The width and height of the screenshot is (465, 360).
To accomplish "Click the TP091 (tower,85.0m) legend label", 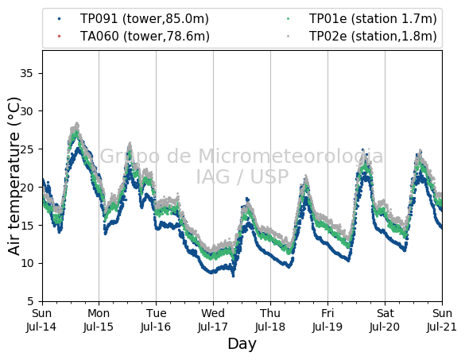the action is pyautogui.click(x=145, y=19).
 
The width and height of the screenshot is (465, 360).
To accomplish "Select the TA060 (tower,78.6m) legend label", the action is pyautogui.click(x=145, y=37).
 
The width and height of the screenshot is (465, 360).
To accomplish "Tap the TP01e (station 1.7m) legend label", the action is pyautogui.click(x=373, y=19).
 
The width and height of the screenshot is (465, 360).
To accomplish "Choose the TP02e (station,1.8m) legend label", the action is pyautogui.click(x=373, y=37).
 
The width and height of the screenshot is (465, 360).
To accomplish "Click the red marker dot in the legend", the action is pyautogui.click(x=60, y=37).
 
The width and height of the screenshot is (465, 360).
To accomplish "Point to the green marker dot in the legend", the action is pyautogui.click(x=289, y=19).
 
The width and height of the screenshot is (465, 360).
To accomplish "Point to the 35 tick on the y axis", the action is pyautogui.click(x=26, y=73).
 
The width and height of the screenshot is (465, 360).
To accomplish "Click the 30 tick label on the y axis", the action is pyautogui.click(x=26, y=111).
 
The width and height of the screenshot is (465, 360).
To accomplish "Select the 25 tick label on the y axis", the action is pyautogui.click(x=26, y=149).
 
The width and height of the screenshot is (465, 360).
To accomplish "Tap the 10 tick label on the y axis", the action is pyautogui.click(x=26, y=263).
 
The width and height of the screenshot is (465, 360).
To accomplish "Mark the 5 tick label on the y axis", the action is pyautogui.click(x=30, y=301).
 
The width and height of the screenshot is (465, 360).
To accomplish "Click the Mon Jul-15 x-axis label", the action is pyautogui.click(x=99, y=320).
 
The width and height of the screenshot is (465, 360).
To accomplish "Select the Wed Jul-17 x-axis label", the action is pyautogui.click(x=213, y=320).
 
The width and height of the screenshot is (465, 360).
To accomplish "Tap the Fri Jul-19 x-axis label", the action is pyautogui.click(x=327, y=320).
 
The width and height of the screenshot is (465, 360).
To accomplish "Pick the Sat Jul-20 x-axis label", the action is pyautogui.click(x=385, y=320).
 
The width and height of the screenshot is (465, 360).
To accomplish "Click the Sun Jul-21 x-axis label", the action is pyautogui.click(x=442, y=320).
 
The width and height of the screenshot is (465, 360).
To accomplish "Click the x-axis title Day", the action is pyautogui.click(x=242, y=345).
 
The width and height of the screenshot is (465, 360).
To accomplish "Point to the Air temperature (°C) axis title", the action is pyautogui.click(x=14, y=176).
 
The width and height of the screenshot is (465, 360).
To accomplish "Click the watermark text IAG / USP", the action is pyautogui.click(x=242, y=176).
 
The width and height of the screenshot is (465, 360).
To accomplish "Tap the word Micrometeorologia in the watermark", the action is pyautogui.click(x=291, y=157).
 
